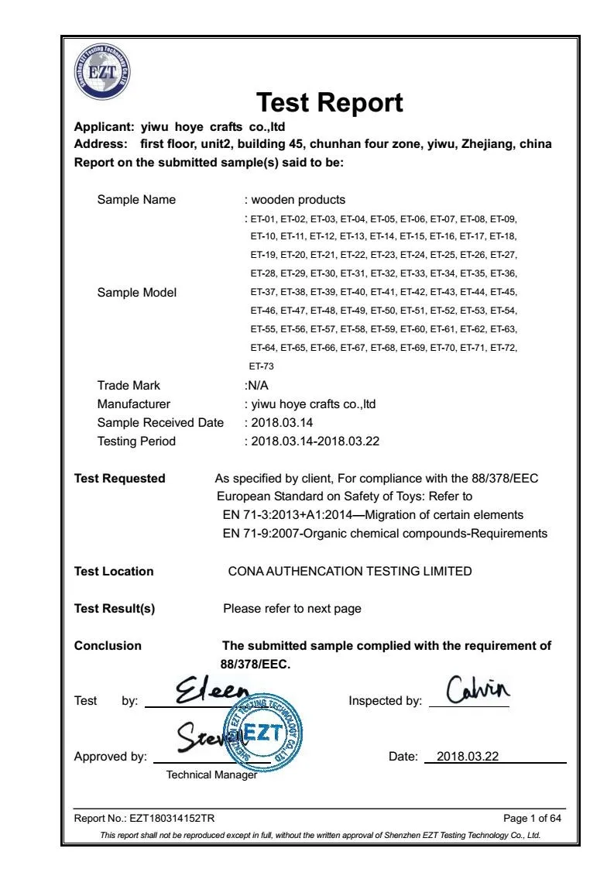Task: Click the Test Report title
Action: point(329,102)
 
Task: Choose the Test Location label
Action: point(114,572)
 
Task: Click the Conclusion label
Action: point(108,646)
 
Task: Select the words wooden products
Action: point(298,200)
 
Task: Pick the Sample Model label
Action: point(136,293)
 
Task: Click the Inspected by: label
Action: point(386,701)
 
